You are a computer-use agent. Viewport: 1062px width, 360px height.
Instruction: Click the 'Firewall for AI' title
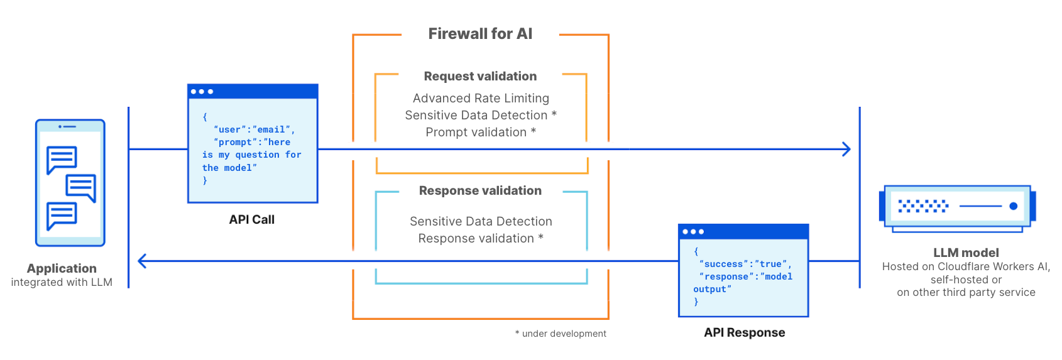(480, 34)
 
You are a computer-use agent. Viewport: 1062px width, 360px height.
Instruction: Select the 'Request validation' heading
(480, 76)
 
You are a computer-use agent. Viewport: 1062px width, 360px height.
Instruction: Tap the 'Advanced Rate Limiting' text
(481, 98)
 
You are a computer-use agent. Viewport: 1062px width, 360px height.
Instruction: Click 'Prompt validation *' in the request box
(481, 132)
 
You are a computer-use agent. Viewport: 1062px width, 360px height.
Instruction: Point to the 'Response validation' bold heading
(480, 190)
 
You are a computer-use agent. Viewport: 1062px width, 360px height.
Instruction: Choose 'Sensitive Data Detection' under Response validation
(481, 221)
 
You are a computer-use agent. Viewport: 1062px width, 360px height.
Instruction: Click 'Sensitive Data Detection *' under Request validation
(481, 115)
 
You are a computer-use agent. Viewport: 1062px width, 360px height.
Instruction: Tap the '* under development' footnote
(561, 334)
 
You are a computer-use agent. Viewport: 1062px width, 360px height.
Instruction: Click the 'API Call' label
(251, 219)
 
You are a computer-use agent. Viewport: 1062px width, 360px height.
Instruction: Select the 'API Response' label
(744, 332)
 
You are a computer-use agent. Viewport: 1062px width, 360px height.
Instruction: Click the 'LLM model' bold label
(966, 253)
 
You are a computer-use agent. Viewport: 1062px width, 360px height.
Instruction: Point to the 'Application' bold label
(62, 268)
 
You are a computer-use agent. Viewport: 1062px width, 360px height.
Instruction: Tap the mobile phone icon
(70, 182)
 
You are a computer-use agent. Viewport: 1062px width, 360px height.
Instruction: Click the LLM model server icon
(957, 207)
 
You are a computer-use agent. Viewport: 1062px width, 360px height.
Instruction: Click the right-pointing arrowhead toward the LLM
(846, 150)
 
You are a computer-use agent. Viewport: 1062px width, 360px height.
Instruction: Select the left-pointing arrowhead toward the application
(142, 261)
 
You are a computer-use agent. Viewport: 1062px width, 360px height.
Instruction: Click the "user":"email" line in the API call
(254, 129)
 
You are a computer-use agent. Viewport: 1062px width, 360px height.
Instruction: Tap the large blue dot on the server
(1013, 206)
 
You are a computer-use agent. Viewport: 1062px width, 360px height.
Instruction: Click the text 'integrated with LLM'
(62, 282)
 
